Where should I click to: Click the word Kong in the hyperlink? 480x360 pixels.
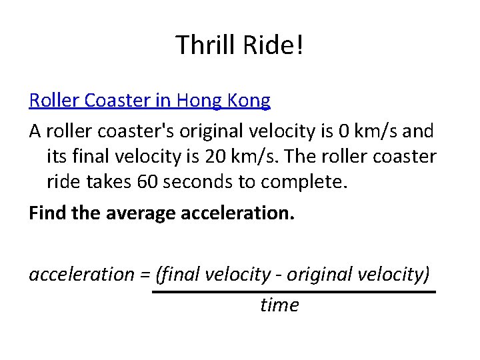tap(250, 101)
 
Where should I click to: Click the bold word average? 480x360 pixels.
tap(123, 214)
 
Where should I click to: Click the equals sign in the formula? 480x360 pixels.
tap(144, 275)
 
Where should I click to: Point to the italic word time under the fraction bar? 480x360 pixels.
tap(279, 305)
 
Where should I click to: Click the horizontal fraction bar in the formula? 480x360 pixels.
tap(293, 292)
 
